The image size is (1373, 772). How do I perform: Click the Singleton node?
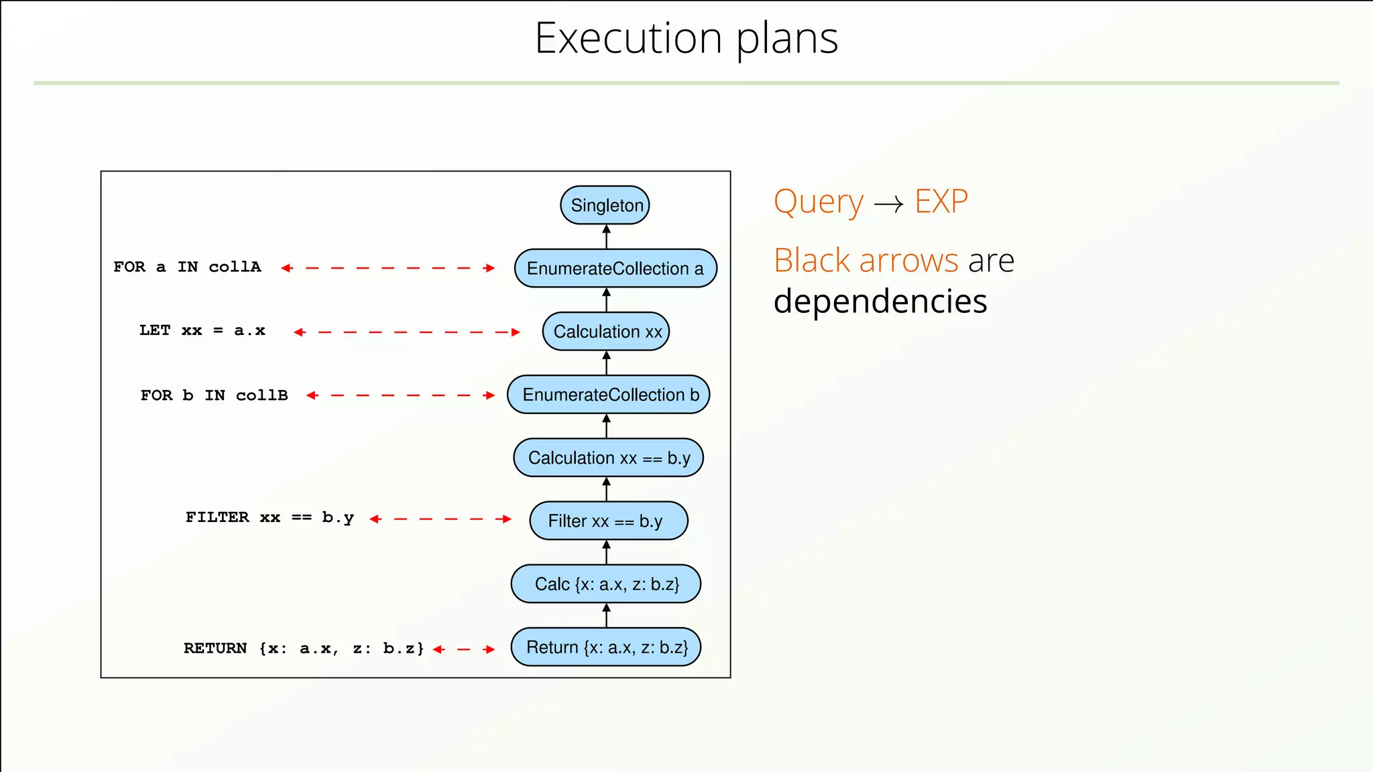click(605, 205)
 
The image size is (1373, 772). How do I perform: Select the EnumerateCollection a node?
click(615, 268)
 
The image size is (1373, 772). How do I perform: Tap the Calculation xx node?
click(606, 331)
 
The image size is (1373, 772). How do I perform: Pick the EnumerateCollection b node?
click(609, 395)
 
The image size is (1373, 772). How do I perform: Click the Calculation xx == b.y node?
click(608, 458)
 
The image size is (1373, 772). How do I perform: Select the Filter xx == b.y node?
click(608, 521)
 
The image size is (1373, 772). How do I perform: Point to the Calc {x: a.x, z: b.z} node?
click(606, 584)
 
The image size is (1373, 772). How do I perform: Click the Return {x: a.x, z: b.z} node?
click(606, 647)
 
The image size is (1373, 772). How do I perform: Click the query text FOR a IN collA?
click(187, 267)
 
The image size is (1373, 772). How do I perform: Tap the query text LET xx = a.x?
click(202, 330)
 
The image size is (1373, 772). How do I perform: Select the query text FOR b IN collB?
click(215, 395)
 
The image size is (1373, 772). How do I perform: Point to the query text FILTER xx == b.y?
click(270, 517)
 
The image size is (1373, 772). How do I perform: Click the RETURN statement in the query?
click(304, 648)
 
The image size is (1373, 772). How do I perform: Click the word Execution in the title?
click(628, 38)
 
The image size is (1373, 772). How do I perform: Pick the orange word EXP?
click(941, 201)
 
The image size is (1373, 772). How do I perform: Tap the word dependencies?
click(880, 302)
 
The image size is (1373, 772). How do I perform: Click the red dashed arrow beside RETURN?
click(464, 649)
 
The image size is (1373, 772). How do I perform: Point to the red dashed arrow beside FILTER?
click(440, 519)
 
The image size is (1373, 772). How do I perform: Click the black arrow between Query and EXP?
click(889, 204)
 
